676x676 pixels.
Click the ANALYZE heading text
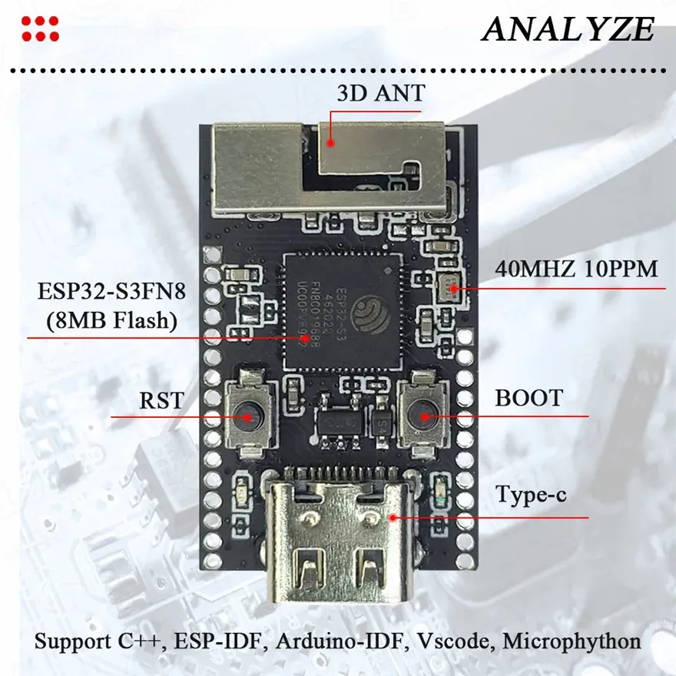click(x=568, y=30)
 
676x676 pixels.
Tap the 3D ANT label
click(x=380, y=94)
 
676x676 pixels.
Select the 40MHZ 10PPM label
click(x=576, y=270)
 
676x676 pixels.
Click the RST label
click(x=162, y=399)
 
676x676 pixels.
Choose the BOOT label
click(x=529, y=399)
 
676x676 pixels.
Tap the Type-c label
click(x=531, y=495)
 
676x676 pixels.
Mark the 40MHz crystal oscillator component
click(x=449, y=288)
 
